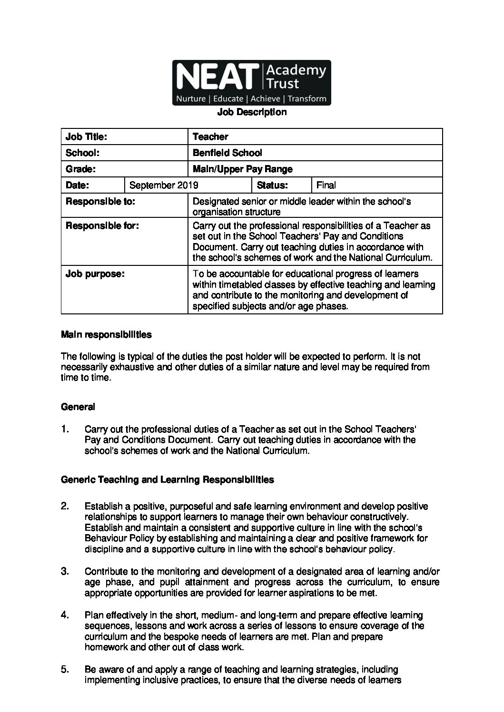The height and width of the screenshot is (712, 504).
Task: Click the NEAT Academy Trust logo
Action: (x=251, y=83)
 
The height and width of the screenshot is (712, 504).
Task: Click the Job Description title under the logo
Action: (x=252, y=112)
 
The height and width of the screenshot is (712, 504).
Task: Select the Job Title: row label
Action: (x=86, y=137)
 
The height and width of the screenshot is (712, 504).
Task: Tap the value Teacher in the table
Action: (x=210, y=137)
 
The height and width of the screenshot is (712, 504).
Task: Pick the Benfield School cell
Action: (x=227, y=153)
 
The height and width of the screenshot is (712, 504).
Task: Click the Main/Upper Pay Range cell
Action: (x=243, y=169)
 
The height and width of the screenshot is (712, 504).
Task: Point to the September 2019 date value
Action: (x=164, y=185)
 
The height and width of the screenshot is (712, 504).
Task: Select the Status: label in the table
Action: (x=272, y=185)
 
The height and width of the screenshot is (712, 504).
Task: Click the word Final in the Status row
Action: (x=326, y=185)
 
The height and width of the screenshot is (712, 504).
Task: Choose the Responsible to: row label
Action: (x=100, y=202)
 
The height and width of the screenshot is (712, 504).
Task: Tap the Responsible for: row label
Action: (x=102, y=226)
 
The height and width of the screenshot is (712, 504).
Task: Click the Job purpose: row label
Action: (x=95, y=274)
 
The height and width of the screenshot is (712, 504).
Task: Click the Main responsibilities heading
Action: (x=106, y=335)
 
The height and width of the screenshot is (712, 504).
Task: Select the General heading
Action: (x=78, y=407)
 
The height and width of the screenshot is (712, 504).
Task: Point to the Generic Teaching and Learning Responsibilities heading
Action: (x=168, y=480)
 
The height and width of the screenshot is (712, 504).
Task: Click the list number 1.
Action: (x=65, y=429)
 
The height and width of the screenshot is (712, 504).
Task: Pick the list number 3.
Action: (x=65, y=571)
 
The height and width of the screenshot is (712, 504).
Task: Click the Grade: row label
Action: (x=81, y=169)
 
